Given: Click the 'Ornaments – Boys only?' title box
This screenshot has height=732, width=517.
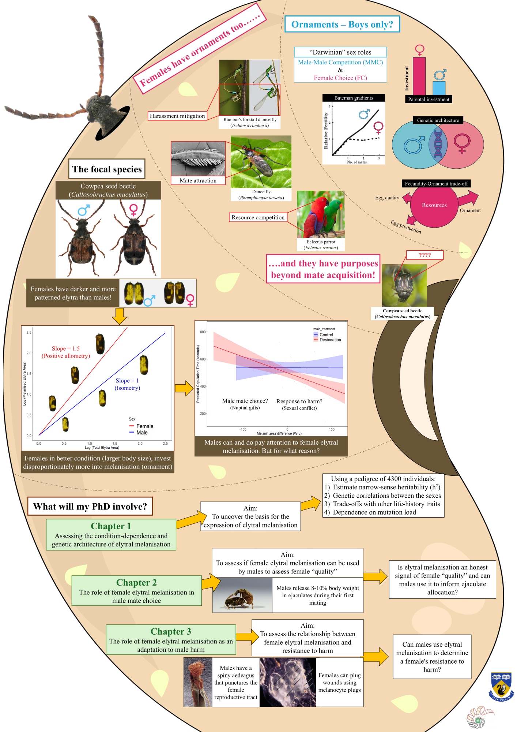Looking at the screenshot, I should [342, 25].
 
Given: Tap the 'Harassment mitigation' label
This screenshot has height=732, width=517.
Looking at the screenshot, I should [177, 116].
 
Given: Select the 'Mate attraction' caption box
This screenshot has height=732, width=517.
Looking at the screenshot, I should [198, 180].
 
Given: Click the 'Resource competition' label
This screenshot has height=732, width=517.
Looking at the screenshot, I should [258, 217].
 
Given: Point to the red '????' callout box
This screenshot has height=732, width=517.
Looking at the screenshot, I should [424, 255].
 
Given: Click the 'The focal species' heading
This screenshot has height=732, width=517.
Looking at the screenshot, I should [107, 169].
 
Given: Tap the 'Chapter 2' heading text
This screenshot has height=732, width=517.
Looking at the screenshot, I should [136, 582].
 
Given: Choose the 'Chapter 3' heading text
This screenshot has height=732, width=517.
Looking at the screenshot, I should [171, 631].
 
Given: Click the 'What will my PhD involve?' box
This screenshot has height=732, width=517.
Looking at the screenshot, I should [90, 507].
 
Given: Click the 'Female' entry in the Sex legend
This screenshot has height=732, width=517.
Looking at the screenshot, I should [144, 426].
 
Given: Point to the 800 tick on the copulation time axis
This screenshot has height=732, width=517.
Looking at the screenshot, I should [203, 332].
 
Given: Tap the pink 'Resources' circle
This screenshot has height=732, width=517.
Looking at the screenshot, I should [434, 205].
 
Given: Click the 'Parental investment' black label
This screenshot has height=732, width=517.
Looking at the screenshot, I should [429, 99].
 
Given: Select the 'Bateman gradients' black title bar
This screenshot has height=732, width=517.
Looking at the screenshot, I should [354, 98].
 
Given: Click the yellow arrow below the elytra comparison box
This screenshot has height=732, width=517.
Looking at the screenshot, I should [119, 316].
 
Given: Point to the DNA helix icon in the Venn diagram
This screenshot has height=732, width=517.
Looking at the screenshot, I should [438, 143].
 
